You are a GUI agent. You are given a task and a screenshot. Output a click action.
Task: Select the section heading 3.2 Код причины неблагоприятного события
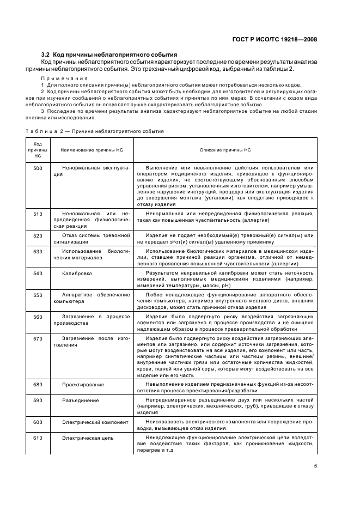[x=109, y=55]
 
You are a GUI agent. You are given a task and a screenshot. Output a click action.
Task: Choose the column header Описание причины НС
[x=225, y=149]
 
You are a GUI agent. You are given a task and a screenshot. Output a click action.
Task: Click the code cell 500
[x=38, y=168]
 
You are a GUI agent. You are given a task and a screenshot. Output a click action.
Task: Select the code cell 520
[x=38, y=235]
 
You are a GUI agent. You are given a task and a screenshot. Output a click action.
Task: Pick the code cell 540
[x=38, y=273]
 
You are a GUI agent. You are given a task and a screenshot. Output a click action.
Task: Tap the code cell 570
[x=38, y=338]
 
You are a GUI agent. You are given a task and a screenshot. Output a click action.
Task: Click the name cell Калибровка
[x=77, y=273]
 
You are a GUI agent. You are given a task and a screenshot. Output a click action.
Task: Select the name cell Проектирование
[x=83, y=384]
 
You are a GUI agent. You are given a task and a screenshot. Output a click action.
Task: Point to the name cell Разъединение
[x=80, y=400]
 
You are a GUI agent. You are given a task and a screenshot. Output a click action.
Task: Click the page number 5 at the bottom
[x=315, y=466]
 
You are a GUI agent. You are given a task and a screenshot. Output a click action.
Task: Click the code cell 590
[x=38, y=400]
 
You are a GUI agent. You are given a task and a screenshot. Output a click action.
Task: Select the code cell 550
[x=38, y=295]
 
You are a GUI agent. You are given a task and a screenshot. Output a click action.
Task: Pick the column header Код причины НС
[x=38, y=149]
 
